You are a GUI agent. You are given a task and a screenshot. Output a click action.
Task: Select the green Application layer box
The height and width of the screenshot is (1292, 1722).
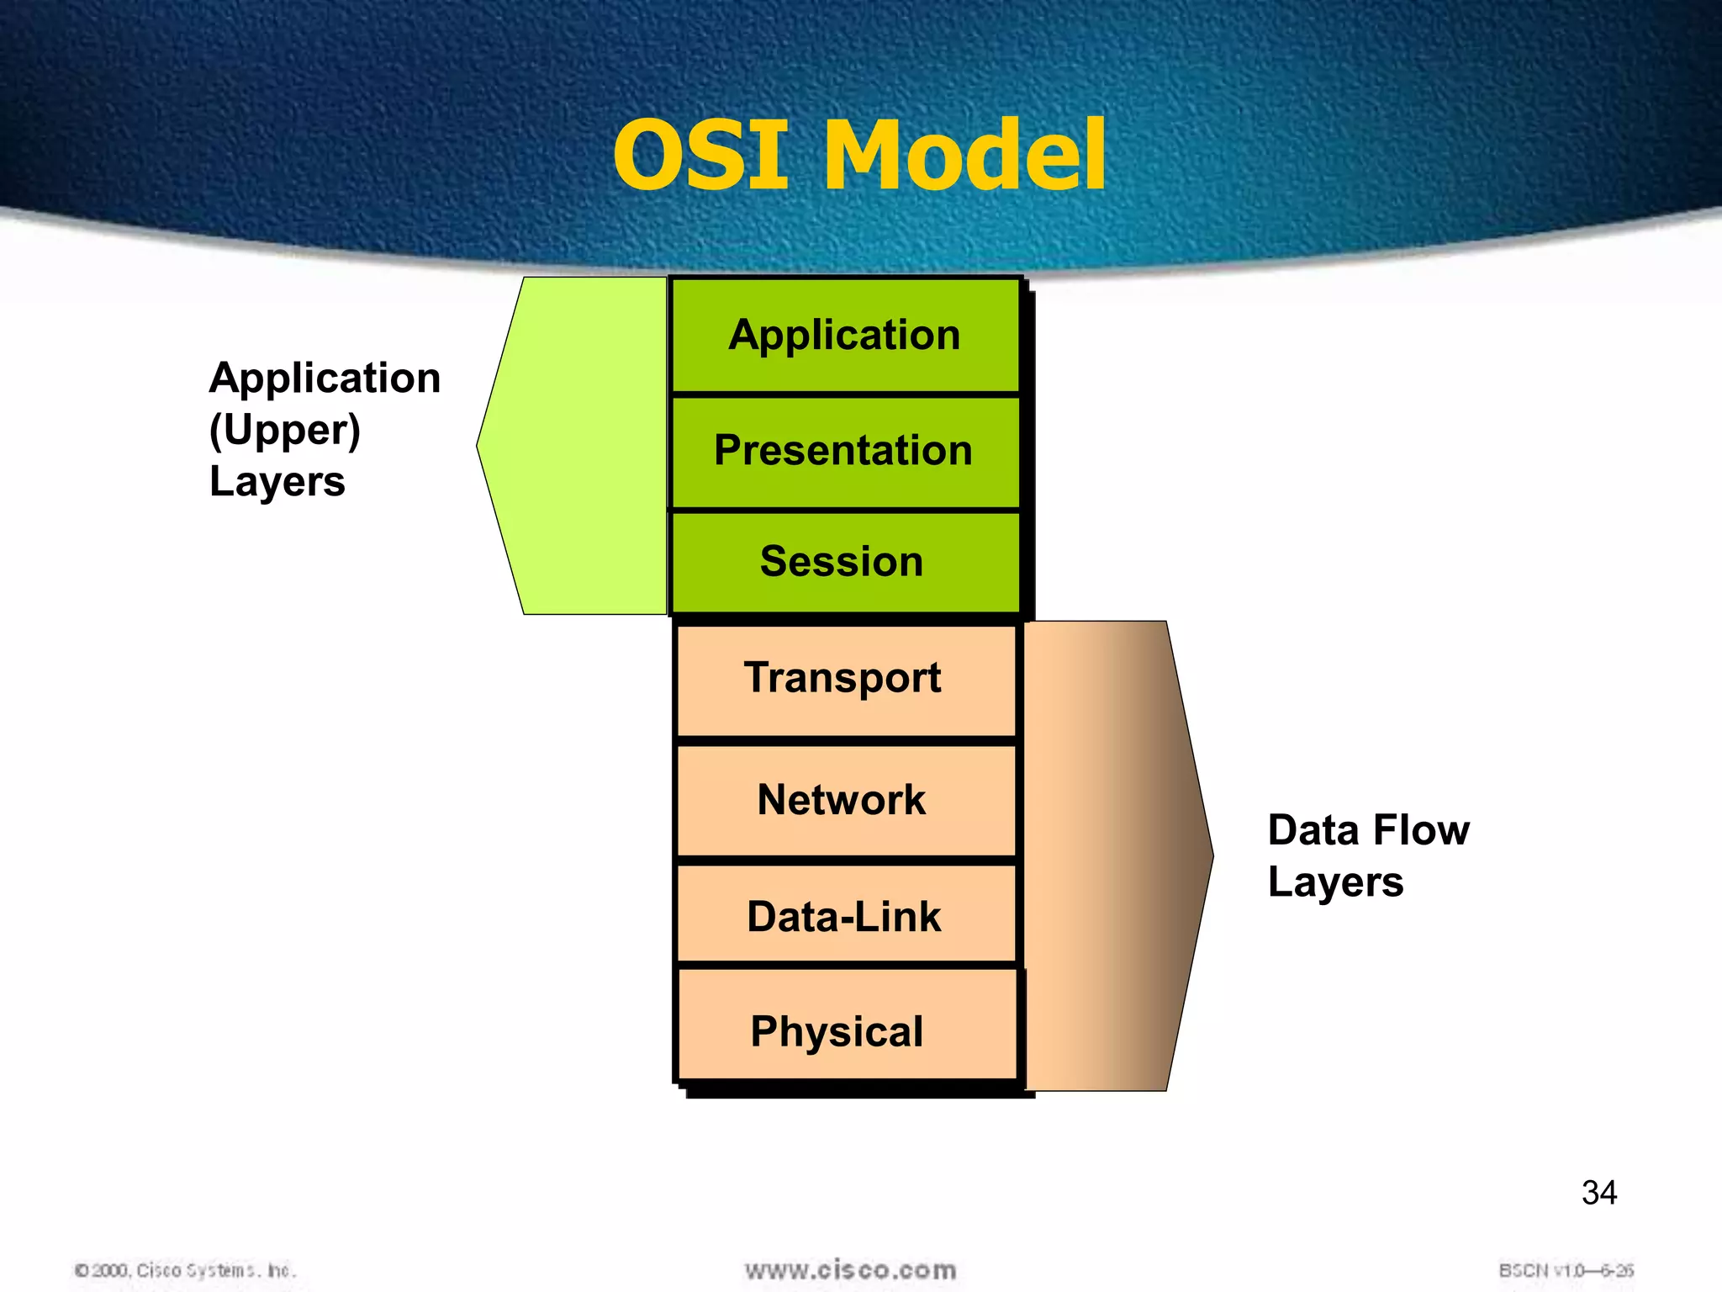[845, 336]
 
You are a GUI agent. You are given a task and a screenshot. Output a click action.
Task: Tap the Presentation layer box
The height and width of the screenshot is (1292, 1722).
[845, 451]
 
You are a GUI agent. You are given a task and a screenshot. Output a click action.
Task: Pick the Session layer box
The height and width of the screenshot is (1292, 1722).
[845, 562]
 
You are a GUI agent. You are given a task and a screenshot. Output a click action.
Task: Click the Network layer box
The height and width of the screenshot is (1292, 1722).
[845, 800]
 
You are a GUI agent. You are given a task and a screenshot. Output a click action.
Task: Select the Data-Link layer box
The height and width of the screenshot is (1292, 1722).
[845, 916]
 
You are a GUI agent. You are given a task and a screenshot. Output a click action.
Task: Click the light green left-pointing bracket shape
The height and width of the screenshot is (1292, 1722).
[580, 446]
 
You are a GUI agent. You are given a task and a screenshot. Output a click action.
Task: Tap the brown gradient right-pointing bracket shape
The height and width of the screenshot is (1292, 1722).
[1110, 856]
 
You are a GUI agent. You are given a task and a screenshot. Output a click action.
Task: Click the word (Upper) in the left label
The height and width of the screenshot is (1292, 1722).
[285, 430]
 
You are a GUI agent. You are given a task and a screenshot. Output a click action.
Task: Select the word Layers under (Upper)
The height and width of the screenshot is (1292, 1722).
[277, 482]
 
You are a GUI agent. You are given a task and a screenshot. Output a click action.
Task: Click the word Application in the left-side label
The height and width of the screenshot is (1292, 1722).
[325, 378]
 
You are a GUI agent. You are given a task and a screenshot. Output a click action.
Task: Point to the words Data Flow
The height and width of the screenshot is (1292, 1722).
[1368, 830]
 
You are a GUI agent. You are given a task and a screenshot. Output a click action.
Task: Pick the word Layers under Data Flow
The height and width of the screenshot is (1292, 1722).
[1335, 882]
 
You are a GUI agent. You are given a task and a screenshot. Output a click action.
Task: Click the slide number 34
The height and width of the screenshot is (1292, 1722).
[1598, 1193]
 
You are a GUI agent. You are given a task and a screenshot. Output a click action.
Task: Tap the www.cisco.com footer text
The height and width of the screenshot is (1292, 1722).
[850, 1270]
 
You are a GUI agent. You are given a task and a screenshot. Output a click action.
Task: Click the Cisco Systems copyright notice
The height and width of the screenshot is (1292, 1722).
[186, 1270]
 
